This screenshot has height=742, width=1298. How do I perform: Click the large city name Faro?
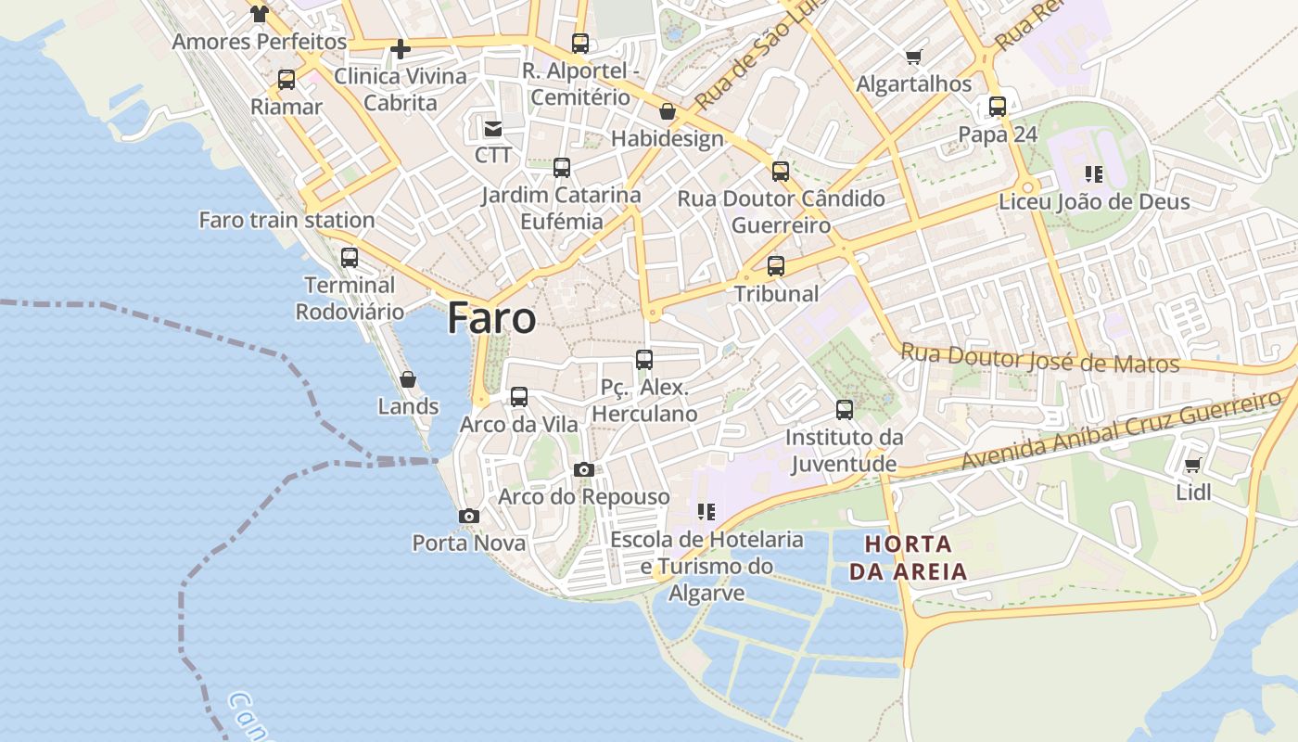click(491, 318)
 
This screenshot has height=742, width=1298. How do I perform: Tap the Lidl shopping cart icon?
click(1192, 466)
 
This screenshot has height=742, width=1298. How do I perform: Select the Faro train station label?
click(286, 220)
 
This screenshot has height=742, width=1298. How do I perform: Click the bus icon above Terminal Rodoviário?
click(350, 258)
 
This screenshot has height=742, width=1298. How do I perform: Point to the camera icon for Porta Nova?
click(469, 516)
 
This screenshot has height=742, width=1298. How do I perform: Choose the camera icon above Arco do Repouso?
click(583, 469)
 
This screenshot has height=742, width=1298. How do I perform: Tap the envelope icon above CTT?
click(493, 129)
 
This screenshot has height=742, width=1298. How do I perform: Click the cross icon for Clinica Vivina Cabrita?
click(401, 49)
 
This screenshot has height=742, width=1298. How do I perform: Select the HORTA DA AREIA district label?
click(908, 557)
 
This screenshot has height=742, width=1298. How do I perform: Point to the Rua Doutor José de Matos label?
click(1039, 358)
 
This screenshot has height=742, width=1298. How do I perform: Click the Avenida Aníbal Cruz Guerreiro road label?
click(1122, 430)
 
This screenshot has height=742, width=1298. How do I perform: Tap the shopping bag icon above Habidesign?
click(667, 113)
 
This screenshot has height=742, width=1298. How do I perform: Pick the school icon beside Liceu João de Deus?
click(1094, 174)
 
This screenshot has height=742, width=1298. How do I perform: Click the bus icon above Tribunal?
click(776, 266)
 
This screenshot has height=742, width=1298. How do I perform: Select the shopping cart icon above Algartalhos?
click(914, 58)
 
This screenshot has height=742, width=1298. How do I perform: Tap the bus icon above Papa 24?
click(998, 107)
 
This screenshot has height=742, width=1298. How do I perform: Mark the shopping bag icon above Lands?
click(407, 379)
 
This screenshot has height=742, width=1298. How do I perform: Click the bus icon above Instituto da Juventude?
click(844, 409)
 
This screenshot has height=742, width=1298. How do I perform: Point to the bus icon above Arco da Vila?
click(519, 397)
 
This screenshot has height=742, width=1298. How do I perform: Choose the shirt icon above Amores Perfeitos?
click(260, 14)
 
